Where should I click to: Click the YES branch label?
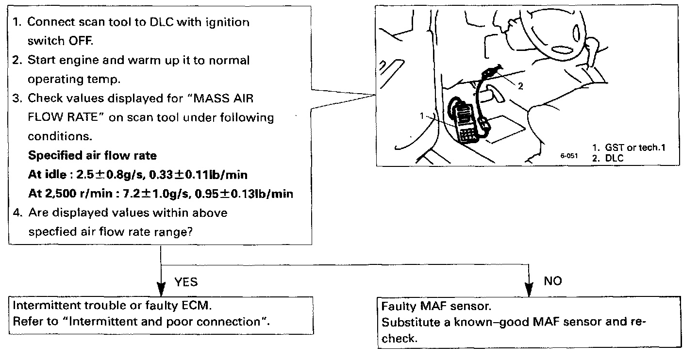(186, 282)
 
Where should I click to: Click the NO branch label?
(552, 281)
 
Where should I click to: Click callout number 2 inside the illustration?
(520, 86)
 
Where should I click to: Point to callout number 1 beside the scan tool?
(422, 116)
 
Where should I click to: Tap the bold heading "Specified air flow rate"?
(92, 156)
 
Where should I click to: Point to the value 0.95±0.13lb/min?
(244, 194)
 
